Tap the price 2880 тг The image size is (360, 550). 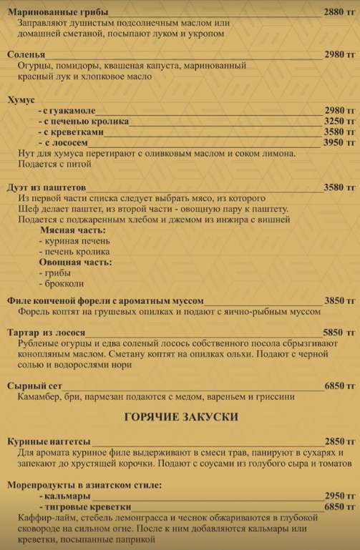[339, 13]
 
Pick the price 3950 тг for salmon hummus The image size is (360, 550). [339, 142]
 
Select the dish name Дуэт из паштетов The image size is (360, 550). [47, 187]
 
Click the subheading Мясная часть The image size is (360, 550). [69, 231]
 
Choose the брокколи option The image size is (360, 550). [60, 285]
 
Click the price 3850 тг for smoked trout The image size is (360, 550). [339, 301]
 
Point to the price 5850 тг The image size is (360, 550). [339, 333]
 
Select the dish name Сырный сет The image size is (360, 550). [35, 386]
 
